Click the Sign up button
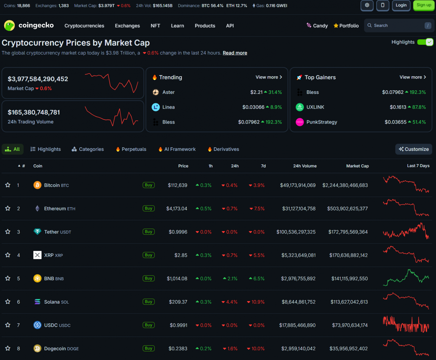(x=423, y=5)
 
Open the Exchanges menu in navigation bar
(x=127, y=26)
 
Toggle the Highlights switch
(x=425, y=42)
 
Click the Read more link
(x=235, y=53)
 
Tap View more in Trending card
(x=269, y=77)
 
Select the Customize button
(x=413, y=149)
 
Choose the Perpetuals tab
(x=131, y=149)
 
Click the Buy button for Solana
(x=149, y=301)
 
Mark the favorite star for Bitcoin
(x=8, y=185)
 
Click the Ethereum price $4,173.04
(x=176, y=208)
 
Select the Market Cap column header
(x=357, y=166)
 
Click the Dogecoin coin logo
(x=37, y=348)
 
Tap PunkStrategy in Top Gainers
(x=321, y=122)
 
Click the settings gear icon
(x=367, y=5)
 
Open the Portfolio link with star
(x=346, y=26)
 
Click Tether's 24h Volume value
(x=296, y=232)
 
